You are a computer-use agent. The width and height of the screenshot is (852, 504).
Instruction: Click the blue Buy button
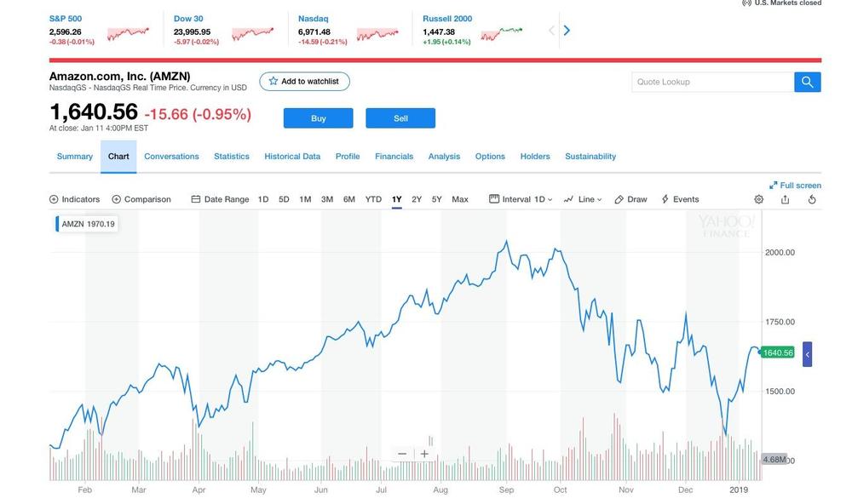click(x=318, y=118)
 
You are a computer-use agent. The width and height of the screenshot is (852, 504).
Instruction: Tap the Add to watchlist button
click(x=304, y=82)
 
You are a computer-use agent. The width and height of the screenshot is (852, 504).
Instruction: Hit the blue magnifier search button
click(x=808, y=82)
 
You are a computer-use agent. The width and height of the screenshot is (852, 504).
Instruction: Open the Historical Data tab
click(x=292, y=157)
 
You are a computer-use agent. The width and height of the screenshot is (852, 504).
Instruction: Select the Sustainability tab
click(x=590, y=157)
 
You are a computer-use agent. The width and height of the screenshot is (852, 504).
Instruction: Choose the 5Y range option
click(x=436, y=199)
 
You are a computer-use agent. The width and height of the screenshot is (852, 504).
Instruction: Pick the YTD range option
click(x=373, y=199)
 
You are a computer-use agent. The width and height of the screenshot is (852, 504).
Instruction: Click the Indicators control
click(x=74, y=199)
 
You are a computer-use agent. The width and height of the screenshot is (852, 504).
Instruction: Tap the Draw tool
click(x=631, y=199)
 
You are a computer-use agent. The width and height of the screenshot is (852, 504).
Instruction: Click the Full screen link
click(x=795, y=185)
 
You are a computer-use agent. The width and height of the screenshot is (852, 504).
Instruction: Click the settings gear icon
click(x=759, y=199)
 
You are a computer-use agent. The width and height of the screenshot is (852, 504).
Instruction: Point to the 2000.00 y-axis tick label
click(x=780, y=252)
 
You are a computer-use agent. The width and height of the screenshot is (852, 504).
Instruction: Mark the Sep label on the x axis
click(x=506, y=490)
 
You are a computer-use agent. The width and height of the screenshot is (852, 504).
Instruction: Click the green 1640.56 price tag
click(x=777, y=352)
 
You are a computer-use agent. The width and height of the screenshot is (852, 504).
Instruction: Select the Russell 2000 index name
click(x=447, y=19)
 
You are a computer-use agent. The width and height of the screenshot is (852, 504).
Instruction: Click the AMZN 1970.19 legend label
click(x=88, y=224)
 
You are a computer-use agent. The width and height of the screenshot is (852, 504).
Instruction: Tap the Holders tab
click(x=535, y=157)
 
